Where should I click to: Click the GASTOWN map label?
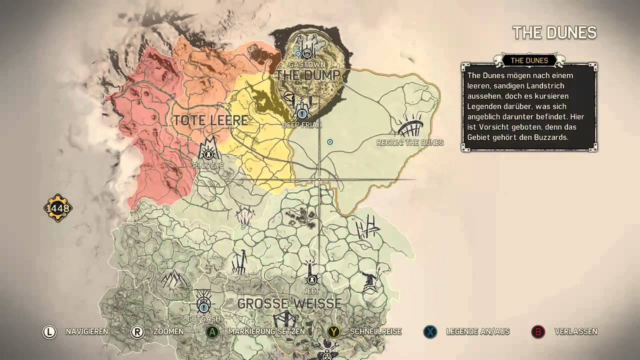click(307, 65)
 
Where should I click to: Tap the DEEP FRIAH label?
click(302, 125)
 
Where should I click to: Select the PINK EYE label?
click(208, 165)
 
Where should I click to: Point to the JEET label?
click(311, 291)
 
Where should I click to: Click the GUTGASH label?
click(203, 318)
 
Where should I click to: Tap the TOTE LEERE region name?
click(210, 120)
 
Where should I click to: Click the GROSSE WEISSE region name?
click(289, 303)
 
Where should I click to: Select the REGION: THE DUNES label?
click(410, 143)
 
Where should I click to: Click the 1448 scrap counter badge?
click(58, 208)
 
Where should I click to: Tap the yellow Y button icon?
click(334, 332)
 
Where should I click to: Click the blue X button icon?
click(430, 332)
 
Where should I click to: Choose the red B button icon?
click(538, 332)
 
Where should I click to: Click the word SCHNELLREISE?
click(375, 332)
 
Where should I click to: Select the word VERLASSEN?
click(576, 332)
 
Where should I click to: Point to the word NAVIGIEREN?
click(87, 332)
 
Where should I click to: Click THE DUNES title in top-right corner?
click(554, 33)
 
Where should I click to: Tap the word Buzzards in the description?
click(552, 137)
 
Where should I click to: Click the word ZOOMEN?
click(168, 332)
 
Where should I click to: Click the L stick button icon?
click(49, 332)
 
